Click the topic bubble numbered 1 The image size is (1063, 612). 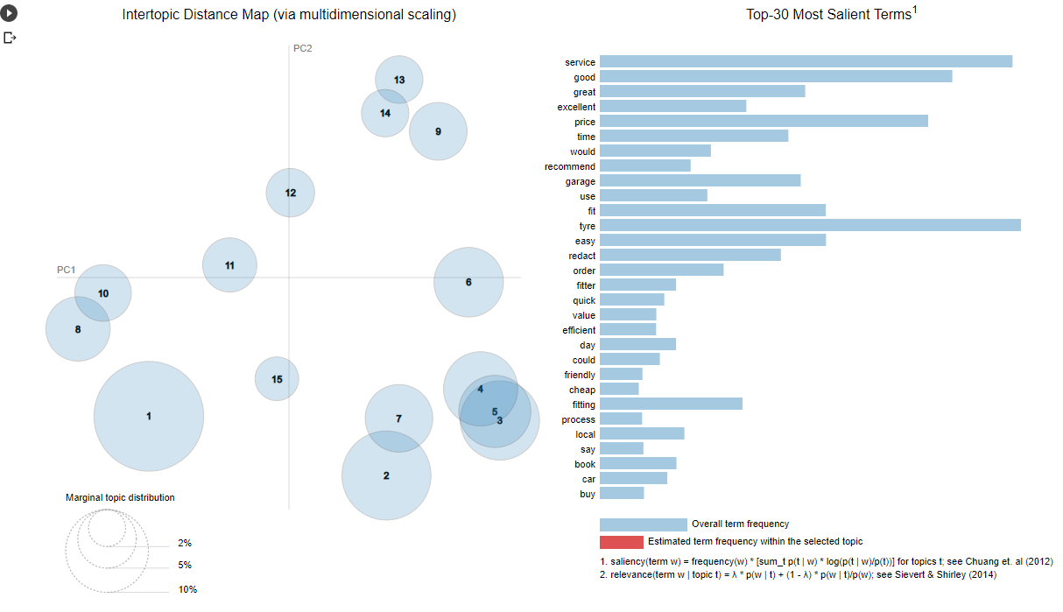click(x=149, y=416)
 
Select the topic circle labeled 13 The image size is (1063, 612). click(x=399, y=80)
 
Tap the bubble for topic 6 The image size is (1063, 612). click(x=468, y=282)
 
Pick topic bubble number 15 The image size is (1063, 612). click(x=277, y=379)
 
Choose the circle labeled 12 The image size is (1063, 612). click(x=291, y=193)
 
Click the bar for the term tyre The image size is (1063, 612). click(x=810, y=226)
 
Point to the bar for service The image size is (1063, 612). click(x=806, y=62)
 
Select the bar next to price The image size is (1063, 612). click(x=764, y=122)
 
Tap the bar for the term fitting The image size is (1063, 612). click(x=671, y=404)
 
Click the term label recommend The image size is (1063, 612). click(x=569, y=166)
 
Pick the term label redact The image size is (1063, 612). click(x=581, y=256)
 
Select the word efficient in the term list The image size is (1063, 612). click(x=579, y=330)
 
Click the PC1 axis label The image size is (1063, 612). click(x=67, y=270)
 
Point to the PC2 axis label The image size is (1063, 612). click(x=302, y=48)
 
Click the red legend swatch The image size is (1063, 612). click(x=621, y=542)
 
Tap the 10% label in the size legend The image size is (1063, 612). click(x=187, y=589)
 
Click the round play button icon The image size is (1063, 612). click(x=9, y=14)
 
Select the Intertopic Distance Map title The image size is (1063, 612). click(x=289, y=15)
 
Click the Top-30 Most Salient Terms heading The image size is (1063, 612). click(x=831, y=14)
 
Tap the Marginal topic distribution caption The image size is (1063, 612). click(x=120, y=497)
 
